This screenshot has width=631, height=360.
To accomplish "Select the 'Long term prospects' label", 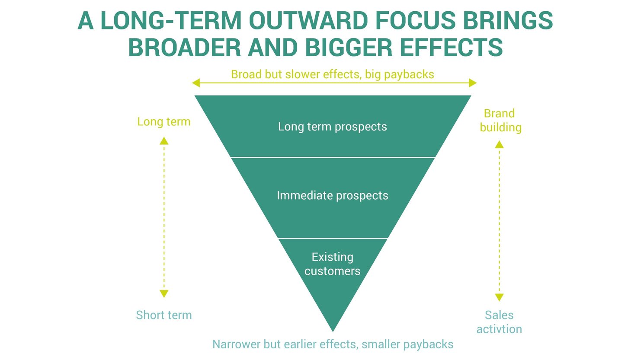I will [332, 127].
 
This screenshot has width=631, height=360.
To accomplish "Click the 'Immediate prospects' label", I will [332, 195].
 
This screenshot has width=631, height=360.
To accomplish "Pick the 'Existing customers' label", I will [332, 264].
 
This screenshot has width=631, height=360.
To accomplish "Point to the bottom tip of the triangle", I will [333, 329].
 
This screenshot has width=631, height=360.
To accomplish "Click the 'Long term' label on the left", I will [163, 122].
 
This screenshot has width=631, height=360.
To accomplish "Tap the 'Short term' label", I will [163, 315].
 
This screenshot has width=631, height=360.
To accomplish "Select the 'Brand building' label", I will [500, 120].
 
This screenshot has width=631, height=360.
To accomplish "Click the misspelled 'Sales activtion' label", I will [499, 322].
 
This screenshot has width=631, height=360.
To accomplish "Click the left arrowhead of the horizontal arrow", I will [196, 83].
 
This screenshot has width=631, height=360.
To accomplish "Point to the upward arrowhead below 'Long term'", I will [164, 140].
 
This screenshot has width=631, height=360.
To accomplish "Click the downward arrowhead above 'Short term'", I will [164, 294].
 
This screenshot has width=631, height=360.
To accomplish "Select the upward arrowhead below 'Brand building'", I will [499, 144].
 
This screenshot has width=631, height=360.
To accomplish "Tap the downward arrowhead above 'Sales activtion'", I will [499, 297].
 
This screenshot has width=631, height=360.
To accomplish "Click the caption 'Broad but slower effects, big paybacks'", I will [332, 74].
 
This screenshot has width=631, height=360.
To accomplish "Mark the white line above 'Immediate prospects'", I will [332, 157].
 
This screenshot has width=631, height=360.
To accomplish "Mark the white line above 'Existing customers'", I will [332, 238].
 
